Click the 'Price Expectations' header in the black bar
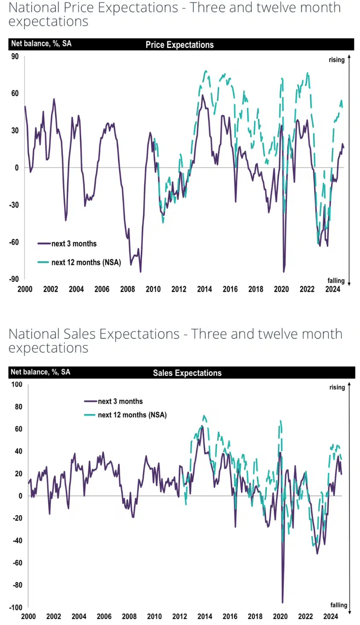[180, 45]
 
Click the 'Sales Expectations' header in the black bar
[187, 373]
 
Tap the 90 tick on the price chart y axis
[15, 56]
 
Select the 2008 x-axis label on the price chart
[127, 289]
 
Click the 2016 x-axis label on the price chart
[230, 289]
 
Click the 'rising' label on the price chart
[336, 60]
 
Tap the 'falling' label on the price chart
[336, 280]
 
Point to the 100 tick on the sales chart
[17, 384]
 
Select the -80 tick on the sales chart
[18, 585]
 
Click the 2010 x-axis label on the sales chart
[154, 616]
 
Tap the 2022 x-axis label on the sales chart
[305, 616]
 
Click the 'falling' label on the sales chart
[339, 605]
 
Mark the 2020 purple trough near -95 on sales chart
[283, 602]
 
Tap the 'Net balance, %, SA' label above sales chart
[41, 372]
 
